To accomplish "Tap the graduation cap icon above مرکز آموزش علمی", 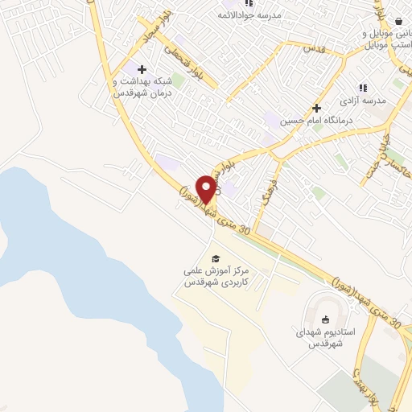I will pyautogui.click(x=215, y=258).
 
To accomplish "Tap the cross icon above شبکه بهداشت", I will pyautogui.click(x=142, y=69).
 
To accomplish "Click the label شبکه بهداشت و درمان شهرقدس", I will pyautogui.click(x=142, y=86).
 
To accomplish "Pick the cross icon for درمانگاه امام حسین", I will pyautogui.click(x=317, y=108).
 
